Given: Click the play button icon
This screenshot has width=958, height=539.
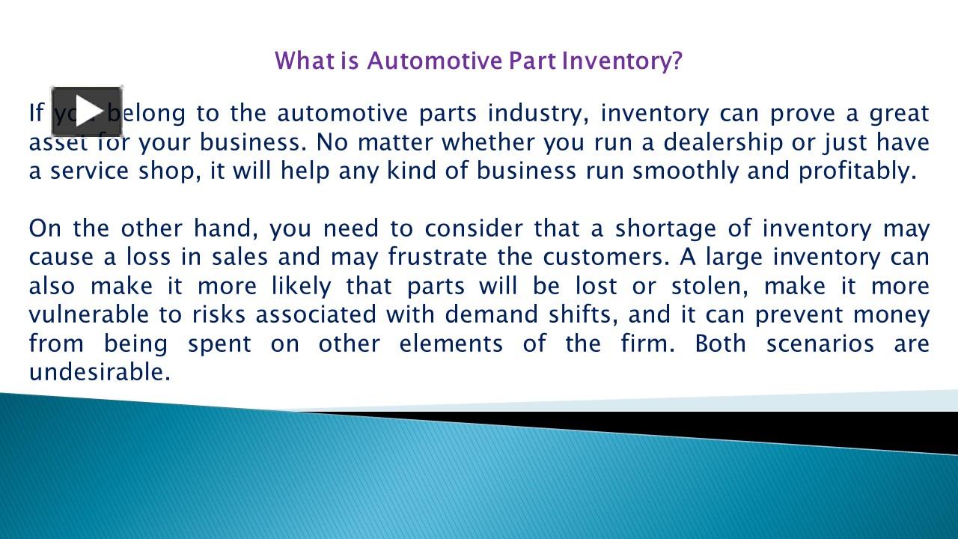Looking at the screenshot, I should [86, 112].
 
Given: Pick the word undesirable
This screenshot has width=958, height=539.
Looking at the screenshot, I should [100, 372].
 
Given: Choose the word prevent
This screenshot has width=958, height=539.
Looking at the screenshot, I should [797, 314].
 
